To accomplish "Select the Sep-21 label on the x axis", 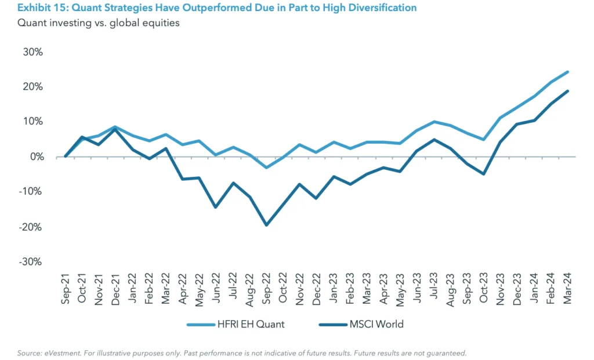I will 66,288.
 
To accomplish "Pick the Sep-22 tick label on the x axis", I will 266,288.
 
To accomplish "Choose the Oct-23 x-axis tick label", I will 484,288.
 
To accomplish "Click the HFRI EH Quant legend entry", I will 236,324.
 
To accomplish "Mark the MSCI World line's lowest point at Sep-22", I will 266,225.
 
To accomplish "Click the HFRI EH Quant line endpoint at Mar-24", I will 567,72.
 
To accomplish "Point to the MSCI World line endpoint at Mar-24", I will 567,91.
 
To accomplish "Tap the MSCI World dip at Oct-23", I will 484,174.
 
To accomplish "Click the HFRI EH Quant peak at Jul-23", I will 433,122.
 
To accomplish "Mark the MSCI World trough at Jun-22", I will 216,207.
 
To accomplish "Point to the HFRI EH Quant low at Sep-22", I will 266,168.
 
